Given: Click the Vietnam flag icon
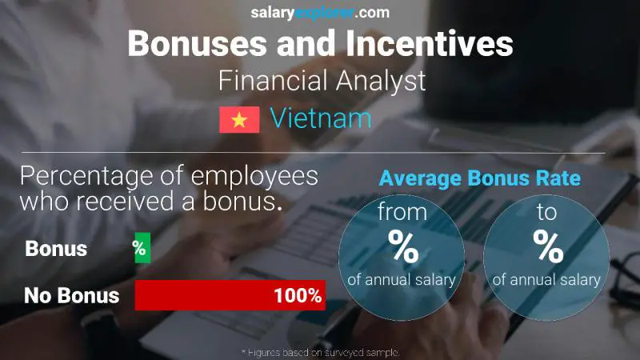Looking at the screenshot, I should [239, 120].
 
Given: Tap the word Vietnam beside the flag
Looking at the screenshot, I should [321, 119].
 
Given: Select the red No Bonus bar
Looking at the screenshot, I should [229, 295].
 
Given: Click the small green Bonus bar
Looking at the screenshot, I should [142, 248].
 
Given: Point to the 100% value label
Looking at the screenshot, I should [297, 296].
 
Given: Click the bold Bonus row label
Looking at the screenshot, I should [56, 248].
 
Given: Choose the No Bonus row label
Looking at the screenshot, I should [71, 296].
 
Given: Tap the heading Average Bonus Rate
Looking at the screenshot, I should [479, 179].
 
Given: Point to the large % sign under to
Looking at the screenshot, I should [549, 247].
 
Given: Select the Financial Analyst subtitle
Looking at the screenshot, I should [319, 81].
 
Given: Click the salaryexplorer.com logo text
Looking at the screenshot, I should [320, 13].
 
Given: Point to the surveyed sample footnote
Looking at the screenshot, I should [320, 352].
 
